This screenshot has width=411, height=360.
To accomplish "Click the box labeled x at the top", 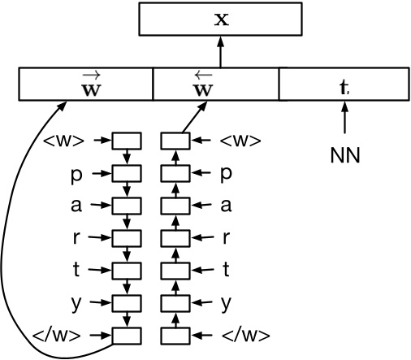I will pos(220,19).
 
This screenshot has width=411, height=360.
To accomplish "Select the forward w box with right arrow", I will pos(86,85).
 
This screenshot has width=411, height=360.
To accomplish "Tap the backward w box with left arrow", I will pos(216,85).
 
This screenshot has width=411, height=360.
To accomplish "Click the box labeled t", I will pos(344,85).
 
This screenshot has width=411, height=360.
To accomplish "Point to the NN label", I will pos(345,154).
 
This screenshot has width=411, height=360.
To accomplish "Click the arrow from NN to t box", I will pos(345,120).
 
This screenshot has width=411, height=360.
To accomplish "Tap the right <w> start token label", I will pos(242,141).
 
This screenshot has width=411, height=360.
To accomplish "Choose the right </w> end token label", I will pos(244,336).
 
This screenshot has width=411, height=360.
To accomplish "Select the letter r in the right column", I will pos(226,238).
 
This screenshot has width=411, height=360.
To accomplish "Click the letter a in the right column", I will pos(226,206).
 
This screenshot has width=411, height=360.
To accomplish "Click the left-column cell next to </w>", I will pos(126,335).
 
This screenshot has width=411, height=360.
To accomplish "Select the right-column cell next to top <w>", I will pos(175,141).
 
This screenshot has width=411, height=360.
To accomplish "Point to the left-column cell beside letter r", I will pos(126,238).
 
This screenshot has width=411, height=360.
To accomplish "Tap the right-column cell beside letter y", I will pos(175,303).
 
